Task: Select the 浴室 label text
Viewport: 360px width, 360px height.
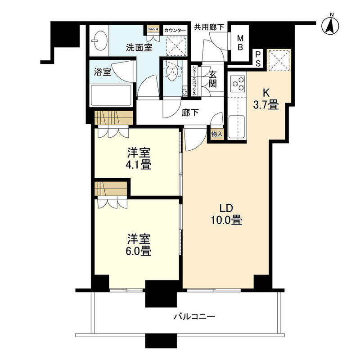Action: click(x=102, y=72)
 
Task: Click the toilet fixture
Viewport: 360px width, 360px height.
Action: click(x=171, y=72)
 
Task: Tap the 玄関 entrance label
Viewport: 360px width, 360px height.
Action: click(x=213, y=79)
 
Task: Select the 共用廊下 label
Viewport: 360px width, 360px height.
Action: click(x=209, y=27)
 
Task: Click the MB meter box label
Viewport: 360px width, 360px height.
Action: click(x=240, y=43)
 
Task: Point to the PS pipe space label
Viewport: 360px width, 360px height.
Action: click(x=258, y=58)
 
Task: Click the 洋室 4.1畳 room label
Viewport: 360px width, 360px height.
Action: click(x=138, y=158)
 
